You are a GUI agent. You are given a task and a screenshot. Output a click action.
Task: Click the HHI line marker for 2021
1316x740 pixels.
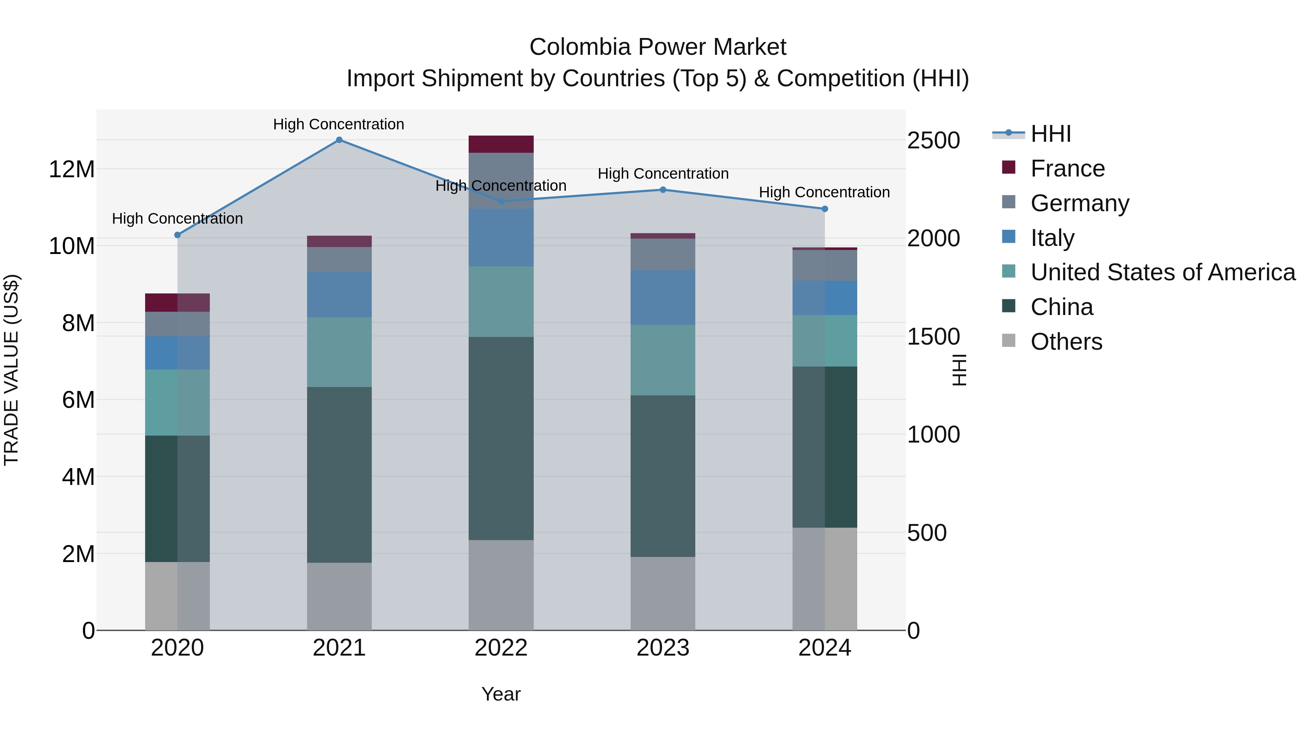point(339,140)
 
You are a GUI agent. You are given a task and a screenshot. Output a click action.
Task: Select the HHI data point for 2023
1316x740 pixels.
point(663,190)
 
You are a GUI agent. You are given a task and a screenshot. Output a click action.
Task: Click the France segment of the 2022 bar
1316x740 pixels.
point(501,144)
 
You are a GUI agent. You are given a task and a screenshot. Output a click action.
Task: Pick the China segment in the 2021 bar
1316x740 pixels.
point(339,475)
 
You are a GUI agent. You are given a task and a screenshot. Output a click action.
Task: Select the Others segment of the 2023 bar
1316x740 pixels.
point(663,593)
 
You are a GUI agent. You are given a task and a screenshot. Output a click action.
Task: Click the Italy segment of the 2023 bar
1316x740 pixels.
point(663,298)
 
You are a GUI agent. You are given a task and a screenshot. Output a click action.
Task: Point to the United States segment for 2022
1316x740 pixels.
point(501,301)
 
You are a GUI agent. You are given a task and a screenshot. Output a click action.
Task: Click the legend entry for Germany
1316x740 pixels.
point(1079,203)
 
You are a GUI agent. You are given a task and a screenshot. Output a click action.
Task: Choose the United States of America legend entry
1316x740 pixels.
point(1162,273)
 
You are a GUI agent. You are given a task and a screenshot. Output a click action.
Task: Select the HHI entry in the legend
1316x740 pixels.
point(1050,134)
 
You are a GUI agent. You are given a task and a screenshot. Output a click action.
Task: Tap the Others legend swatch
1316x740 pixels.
point(1009,341)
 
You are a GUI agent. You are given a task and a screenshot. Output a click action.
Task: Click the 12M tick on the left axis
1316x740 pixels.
point(72,169)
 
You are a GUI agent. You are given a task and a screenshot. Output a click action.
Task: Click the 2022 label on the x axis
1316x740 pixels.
point(501,648)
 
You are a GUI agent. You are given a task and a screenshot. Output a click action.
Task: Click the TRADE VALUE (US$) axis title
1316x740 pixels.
point(11,370)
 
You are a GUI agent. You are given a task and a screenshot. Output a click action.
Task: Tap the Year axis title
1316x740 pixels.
point(501,694)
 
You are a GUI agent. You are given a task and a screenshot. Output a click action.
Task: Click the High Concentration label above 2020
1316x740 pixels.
point(177,219)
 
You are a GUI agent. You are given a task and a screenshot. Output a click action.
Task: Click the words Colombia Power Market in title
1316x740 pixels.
point(658,47)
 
